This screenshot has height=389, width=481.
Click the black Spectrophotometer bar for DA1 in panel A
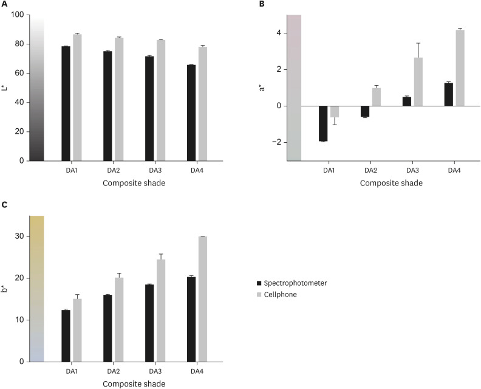pos(66,103)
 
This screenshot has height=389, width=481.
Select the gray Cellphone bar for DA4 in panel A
pos(202,104)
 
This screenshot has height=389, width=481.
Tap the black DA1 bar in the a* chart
pos(323,123)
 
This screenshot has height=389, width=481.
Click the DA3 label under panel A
pos(155,170)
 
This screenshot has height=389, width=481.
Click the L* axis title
pos(5,88)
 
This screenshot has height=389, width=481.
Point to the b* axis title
pos(5,289)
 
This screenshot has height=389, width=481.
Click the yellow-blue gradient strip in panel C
pos(36,289)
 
